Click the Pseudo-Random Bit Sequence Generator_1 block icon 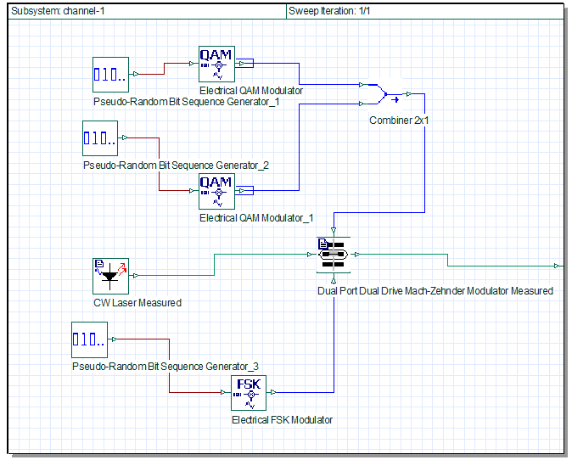click(x=110, y=75)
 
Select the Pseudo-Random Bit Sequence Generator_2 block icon click(x=100, y=138)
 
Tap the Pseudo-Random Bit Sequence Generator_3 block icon click(x=89, y=339)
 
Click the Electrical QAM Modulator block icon click(x=216, y=64)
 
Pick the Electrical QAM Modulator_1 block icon click(x=216, y=191)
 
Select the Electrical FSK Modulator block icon click(x=249, y=393)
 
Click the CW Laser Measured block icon click(x=110, y=276)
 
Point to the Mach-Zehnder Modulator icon click(x=334, y=255)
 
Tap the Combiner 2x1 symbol click(x=383, y=94)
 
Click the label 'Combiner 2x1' click(x=399, y=121)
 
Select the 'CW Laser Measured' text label click(x=137, y=303)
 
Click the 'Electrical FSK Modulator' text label click(x=282, y=420)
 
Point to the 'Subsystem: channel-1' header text click(x=58, y=11)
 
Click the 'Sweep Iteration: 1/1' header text click(x=329, y=11)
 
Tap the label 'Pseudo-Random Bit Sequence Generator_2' click(x=176, y=165)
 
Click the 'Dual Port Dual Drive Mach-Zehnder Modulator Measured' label click(x=435, y=291)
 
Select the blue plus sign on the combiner click(x=395, y=98)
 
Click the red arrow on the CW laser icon click(x=122, y=267)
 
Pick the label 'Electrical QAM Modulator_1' click(x=256, y=218)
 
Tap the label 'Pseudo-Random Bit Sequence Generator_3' click(x=165, y=367)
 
